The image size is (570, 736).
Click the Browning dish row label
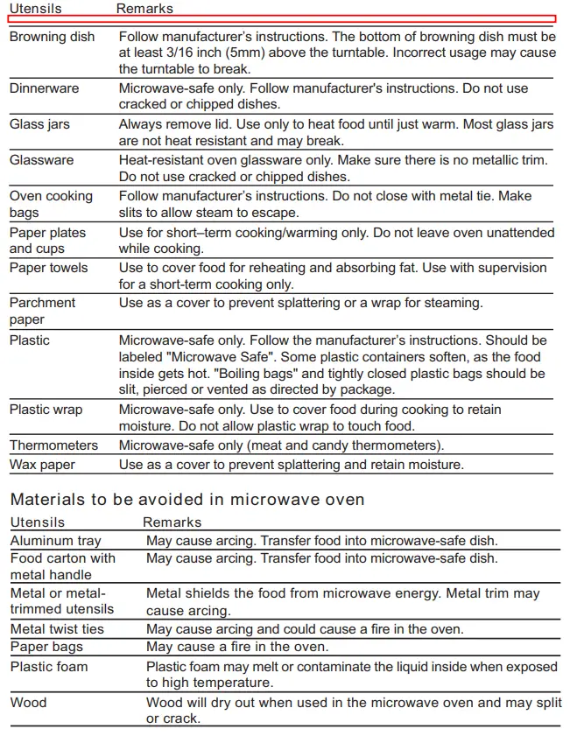click(x=52, y=37)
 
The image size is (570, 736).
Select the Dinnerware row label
click(x=44, y=88)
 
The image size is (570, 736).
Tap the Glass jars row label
click(x=39, y=124)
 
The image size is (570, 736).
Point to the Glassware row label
click(x=41, y=160)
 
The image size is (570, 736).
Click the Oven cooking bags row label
click(x=51, y=204)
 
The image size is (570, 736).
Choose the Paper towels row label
click(x=48, y=268)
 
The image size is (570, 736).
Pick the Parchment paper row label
click(x=42, y=311)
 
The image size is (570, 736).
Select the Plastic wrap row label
click(x=46, y=410)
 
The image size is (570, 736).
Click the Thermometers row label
click(x=53, y=445)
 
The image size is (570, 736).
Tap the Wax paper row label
click(x=42, y=465)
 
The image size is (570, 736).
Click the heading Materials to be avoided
click(x=186, y=500)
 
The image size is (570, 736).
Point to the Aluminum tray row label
click(x=55, y=541)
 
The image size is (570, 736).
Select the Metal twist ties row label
click(x=57, y=629)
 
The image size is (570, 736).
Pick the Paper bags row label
click(x=46, y=648)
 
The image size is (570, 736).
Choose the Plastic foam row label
click(x=49, y=667)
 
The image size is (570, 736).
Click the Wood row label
click(x=28, y=702)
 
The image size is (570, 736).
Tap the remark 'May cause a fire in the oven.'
click(x=237, y=648)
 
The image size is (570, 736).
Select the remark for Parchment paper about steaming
click(x=300, y=303)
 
